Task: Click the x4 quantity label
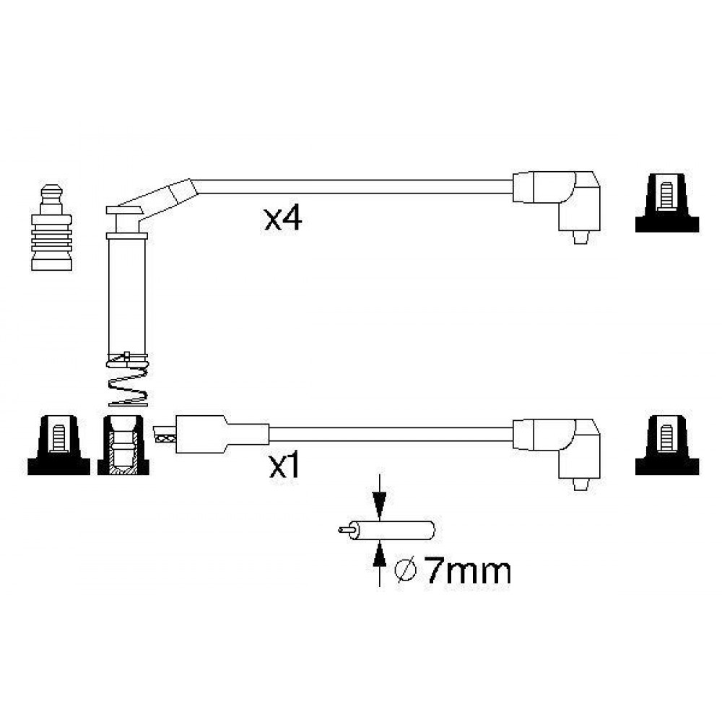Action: coord(283,219)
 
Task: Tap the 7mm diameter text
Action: coord(468,571)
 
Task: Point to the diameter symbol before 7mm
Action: coord(406,571)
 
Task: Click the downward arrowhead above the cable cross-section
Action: coord(379,506)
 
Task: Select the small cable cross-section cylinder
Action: coord(391,530)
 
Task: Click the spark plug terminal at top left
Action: coord(51,227)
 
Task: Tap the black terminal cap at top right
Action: coord(666,202)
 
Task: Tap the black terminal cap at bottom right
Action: coord(666,445)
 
